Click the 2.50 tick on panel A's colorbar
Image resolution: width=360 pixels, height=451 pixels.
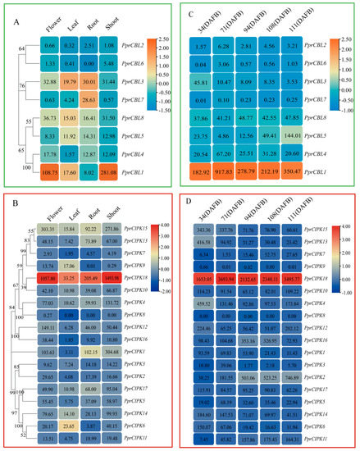(187, 39)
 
